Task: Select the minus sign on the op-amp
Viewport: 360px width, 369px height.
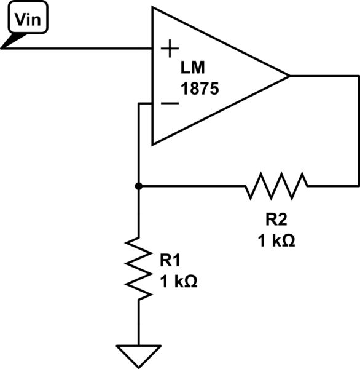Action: pyautogui.click(x=170, y=103)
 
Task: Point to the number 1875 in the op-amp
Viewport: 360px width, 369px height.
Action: pyautogui.click(x=200, y=88)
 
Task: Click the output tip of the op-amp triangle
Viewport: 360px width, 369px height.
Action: pyautogui.click(x=289, y=76)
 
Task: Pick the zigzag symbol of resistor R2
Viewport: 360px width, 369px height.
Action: pyautogui.click(x=276, y=185)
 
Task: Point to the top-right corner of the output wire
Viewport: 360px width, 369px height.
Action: pyautogui.click(x=358, y=76)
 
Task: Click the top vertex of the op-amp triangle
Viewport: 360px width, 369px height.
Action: pyautogui.click(x=153, y=8)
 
